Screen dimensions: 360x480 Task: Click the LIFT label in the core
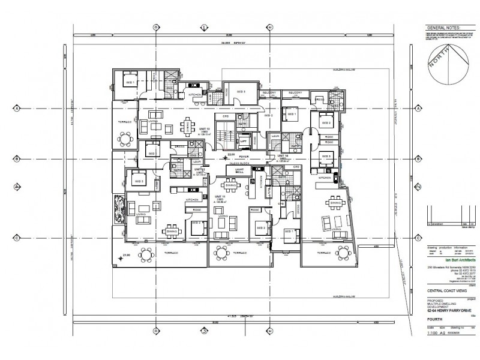pos(244,142)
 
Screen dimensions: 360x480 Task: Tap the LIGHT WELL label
pos(239,171)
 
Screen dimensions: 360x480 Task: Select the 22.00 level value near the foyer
pos(231,154)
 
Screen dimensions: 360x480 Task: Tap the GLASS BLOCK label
pos(239,163)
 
